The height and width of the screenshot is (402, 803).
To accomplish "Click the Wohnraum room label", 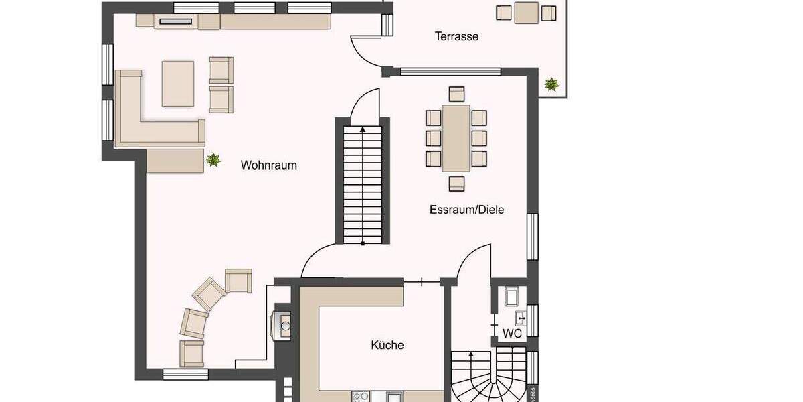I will pyautogui.click(x=268, y=165).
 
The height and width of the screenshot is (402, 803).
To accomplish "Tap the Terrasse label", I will pyautogui.click(x=456, y=36).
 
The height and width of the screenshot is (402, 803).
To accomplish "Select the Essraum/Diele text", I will pyautogui.click(x=466, y=210).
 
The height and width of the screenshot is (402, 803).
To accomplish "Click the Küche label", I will pyautogui.click(x=387, y=346).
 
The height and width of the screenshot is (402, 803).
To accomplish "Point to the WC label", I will pyautogui.click(x=512, y=333).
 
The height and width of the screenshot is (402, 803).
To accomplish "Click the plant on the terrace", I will pyautogui.click(x=551, y=84).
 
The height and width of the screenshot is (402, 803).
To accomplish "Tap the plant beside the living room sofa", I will pyautogui.click(x=213, y=159).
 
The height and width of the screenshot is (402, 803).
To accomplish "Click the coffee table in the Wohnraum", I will pyautogui.click(x=178, y=83).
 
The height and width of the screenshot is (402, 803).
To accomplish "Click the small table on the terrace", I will pyautogui.click(x=527, y=12).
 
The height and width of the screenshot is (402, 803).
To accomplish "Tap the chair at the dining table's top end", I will pyautogui.click(x=456, y=94).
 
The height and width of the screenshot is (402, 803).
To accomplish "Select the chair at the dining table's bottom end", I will pyautogui.click(x=456, y=182).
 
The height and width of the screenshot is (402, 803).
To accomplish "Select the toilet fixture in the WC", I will pyautogui.click(x=512, y=295).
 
